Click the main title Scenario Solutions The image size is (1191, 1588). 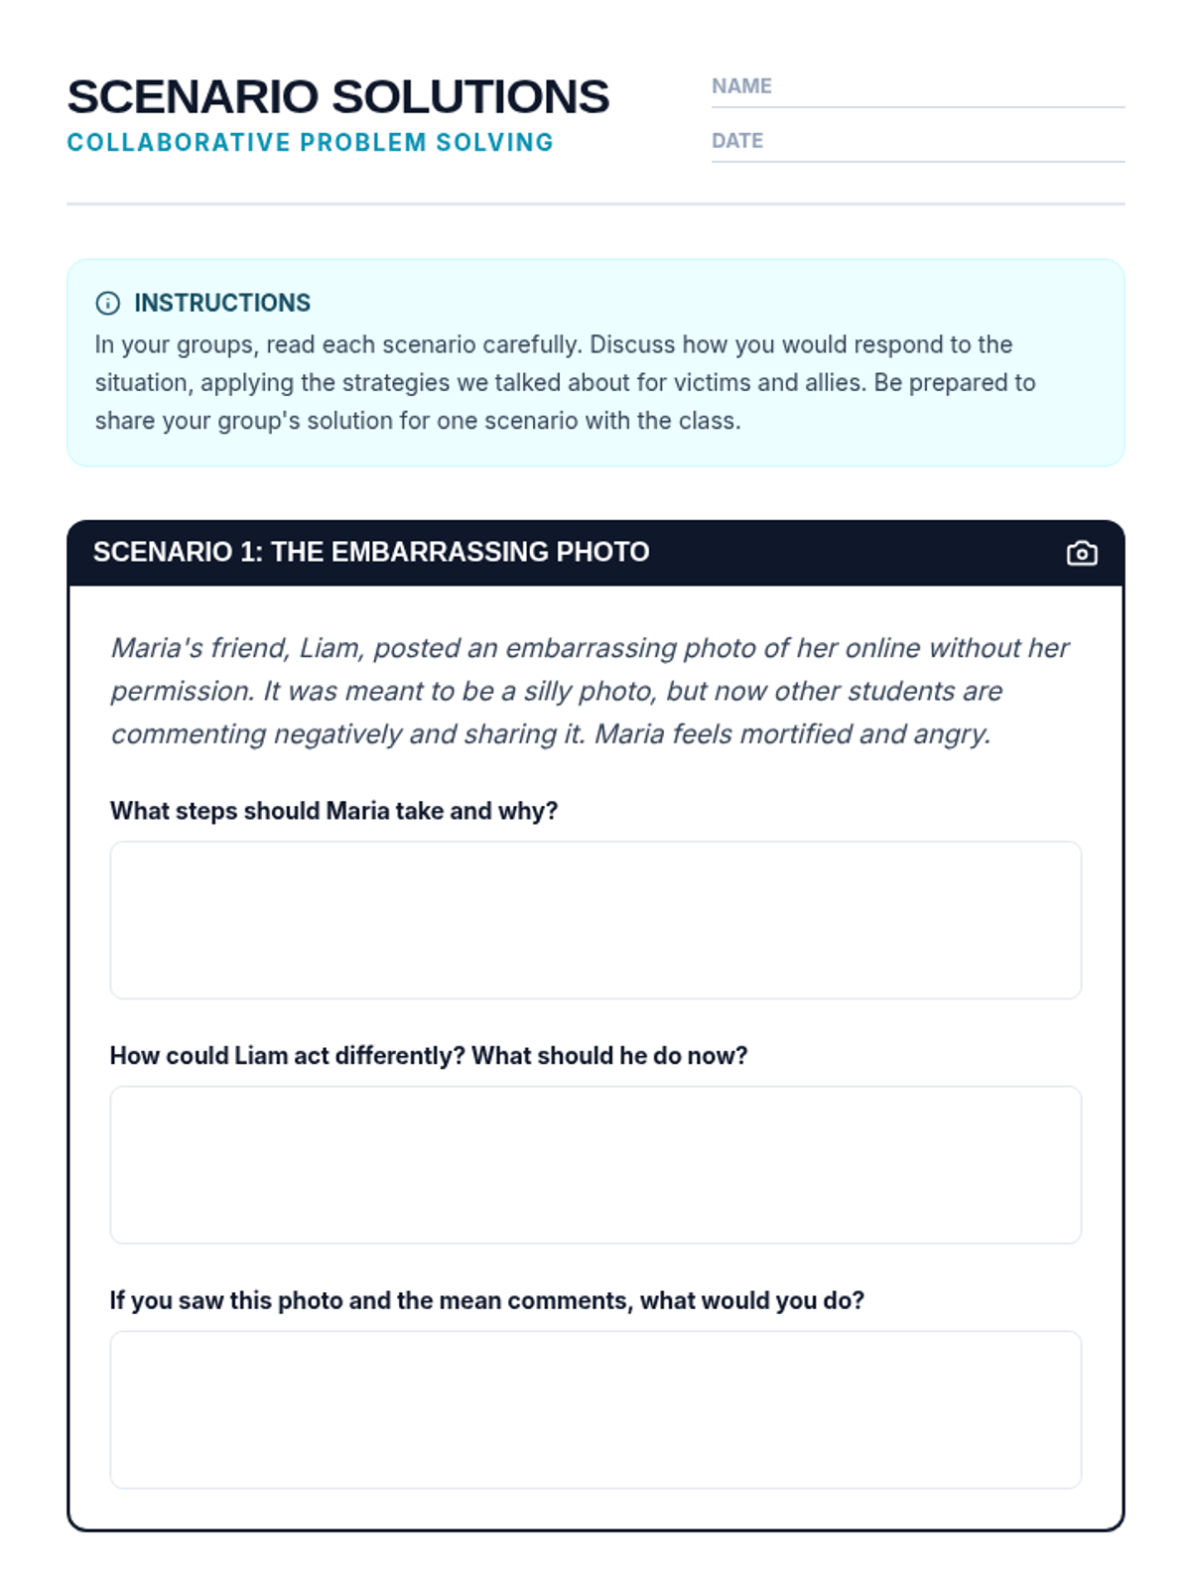pyautogui.click(x=337, y=97)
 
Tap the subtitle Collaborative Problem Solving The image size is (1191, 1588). pyautogui.click(x=310, y=143)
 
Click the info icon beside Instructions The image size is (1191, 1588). pyautogui.click(x=108, y=304)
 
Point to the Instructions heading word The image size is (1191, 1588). pyautogui.click(x=222, y=303)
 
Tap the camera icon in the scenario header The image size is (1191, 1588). pyautogui.click(x=1082, y=553)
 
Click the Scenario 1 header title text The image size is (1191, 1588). pyautogui.click(x=370, y=552)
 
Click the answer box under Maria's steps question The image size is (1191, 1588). pyautogui.click(x=595, y=920)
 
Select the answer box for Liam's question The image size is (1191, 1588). pyautogui.click(x=595, y=1164)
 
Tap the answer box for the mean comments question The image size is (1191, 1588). pyautogui.click(x=595, y=1409)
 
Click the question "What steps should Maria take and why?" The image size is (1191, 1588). pyautogui.click(x=333, y=811)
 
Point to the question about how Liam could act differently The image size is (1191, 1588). pyautogui.click(x=428, y=1056)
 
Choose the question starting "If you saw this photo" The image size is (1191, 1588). pyautogui.click(x=486, y=1300)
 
